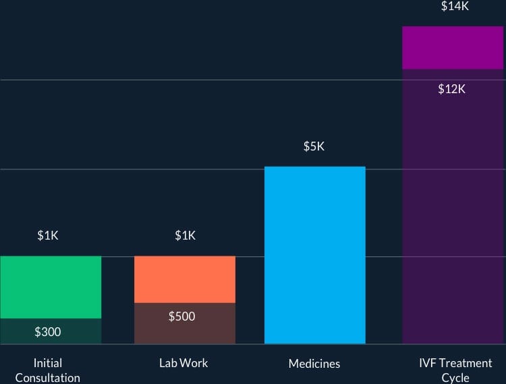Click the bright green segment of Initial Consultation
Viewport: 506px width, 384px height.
pyautogui.click(x=51, y=287)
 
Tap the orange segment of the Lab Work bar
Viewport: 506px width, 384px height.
pyautogui.click(x=185, y=279)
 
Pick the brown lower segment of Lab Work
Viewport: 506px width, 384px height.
pyautogui.click(x=185, y=331)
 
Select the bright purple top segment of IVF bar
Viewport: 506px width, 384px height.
pyautogui.click(x=453, y=48)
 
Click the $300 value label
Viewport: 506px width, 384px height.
pyautogui.click(x=47, y=331)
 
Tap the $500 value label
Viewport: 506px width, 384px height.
pyautogui.click(x=181, y=316)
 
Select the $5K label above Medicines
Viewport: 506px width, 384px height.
pyautogui.click(x=314, y=146)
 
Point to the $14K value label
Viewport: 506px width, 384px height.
pyautogui.click(x=455, y=7)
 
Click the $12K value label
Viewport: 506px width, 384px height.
pyautogui.click(x=451, y=88)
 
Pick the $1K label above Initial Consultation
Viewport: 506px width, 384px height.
pyautogui.click(x=48, y=236)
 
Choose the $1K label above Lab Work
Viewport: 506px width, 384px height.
pyautogui.click(x=185, y=236)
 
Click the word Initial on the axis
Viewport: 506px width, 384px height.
pyautogui.click(x=47, y=363)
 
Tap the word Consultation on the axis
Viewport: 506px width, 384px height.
pyautogui.click(x=47, y=378)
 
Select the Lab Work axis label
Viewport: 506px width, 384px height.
pyautogui.click(x=184, y=363)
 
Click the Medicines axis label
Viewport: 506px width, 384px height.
pyautogui.click(x=314, y=364)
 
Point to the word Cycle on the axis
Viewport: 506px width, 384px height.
pyautogui.click(x=455, y=378)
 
